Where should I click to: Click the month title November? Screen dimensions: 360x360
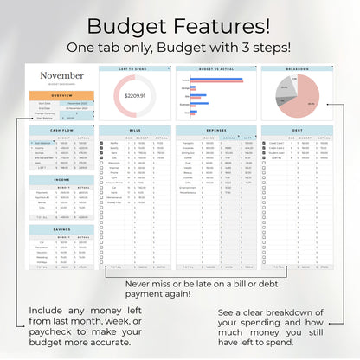click(62, 75)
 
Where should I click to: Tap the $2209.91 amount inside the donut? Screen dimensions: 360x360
click(134, 96)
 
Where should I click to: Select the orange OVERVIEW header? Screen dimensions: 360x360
click(62, 95)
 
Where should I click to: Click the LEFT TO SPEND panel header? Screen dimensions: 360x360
click(134, 69)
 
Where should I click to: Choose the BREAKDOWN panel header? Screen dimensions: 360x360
click(297, 69)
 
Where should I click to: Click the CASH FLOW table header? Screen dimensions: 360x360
click(62, 131)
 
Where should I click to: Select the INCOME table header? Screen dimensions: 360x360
click(62, 180)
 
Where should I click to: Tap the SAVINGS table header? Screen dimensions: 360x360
click(62, 229)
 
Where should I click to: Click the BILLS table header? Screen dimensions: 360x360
click(134, 131)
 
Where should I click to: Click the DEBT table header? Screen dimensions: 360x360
click(297, 131)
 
